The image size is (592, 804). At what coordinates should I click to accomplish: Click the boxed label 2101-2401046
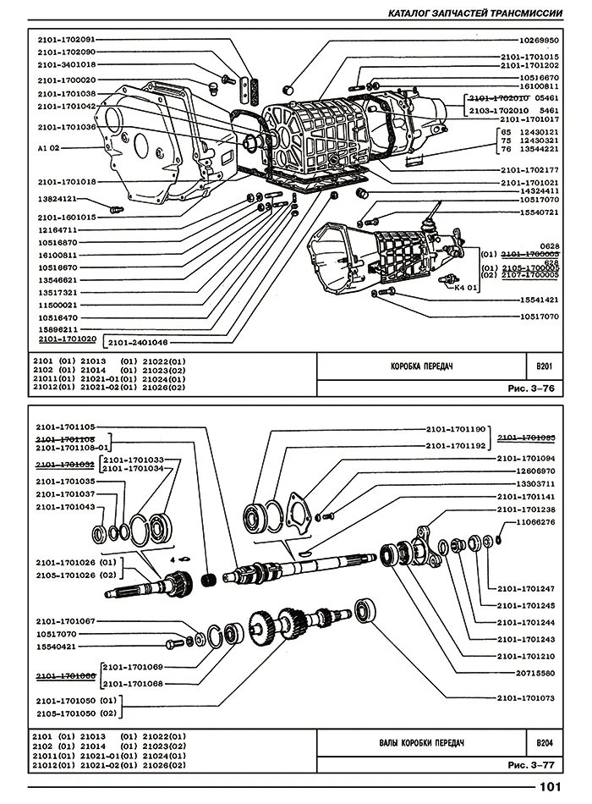pyautogui.click(x=138, y=342)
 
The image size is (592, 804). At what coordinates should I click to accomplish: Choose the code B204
pyautogui.click(x=544, y=742)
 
